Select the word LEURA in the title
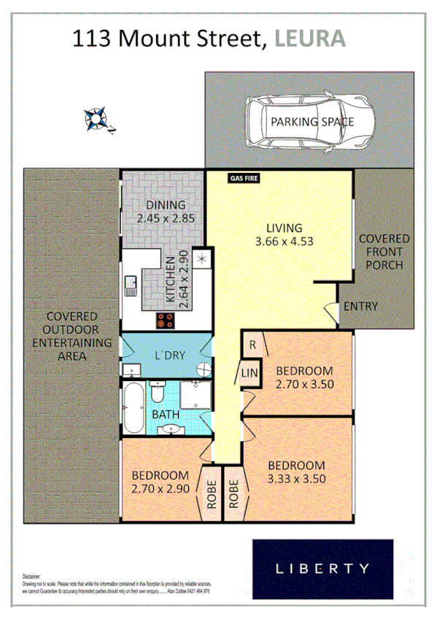pyautogui.click(x=310, y=38)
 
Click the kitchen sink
pyautogui.click(x=131, y=284)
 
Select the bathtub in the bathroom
pyautogui.click(x=132, y=410)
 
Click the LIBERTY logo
pyautogui.click(x=322, y=568)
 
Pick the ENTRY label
pyautogui.click(x=360, y=306)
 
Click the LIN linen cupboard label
pyautogui.click(x=249, y=374)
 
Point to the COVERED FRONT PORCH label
pyautogui.click(x=384, y=252)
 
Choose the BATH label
pyautogui.click(x=166, y=415)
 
